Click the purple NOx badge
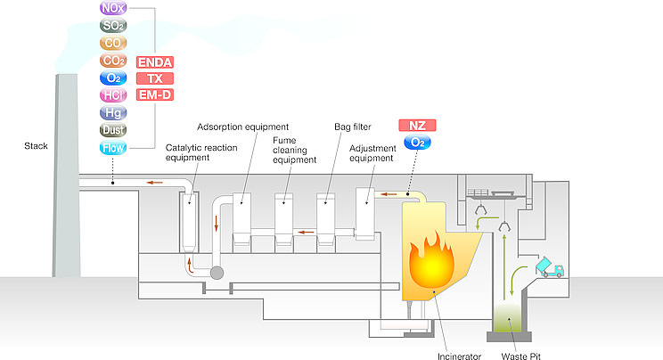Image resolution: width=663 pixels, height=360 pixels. [x=114, y=8]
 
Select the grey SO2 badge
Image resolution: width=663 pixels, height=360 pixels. [x=114, y=26]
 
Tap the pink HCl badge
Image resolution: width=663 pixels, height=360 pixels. [x=114, y=95]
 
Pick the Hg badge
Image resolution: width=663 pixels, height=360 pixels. [x=114, y=113]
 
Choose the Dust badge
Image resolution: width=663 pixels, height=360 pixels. [x=114, y=131]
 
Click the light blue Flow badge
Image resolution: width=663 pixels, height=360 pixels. [x=114, y=148]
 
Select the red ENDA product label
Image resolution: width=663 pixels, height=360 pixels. [x=154, y=61]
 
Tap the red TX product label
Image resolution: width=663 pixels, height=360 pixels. [x=154, y=78]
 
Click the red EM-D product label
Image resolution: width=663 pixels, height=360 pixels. [x=154, y=95]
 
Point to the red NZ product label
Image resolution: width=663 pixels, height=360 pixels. [x=416, y=126]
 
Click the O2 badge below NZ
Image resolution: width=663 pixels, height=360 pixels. [x=416, y=143]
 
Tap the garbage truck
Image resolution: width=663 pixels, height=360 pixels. [x=547, y=267]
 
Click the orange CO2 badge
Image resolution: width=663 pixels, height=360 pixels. [x=114, y=61]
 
